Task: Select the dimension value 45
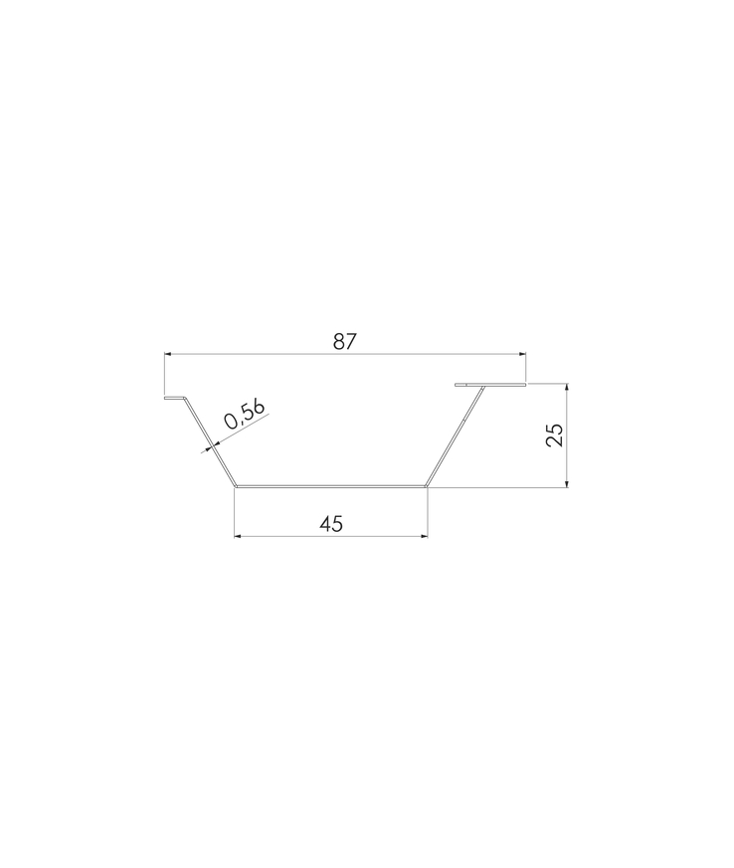tap(331, 523)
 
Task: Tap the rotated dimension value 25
tap(554, 434)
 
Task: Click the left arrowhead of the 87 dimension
tap(168, 353)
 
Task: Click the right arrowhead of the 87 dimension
tap(522, 353)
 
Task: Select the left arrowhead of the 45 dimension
tap(238, 536)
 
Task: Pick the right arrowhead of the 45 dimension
tap(424, 536)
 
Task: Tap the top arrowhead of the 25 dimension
tap(567, 387)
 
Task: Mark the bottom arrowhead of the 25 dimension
tap(567, 484)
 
